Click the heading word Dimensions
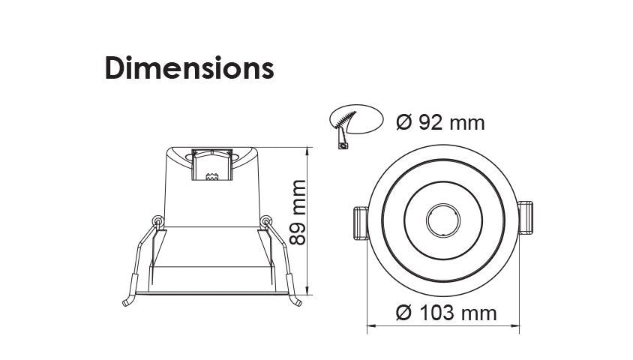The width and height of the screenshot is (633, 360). click(188, 68)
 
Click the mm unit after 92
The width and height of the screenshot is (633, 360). click(466, 121)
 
